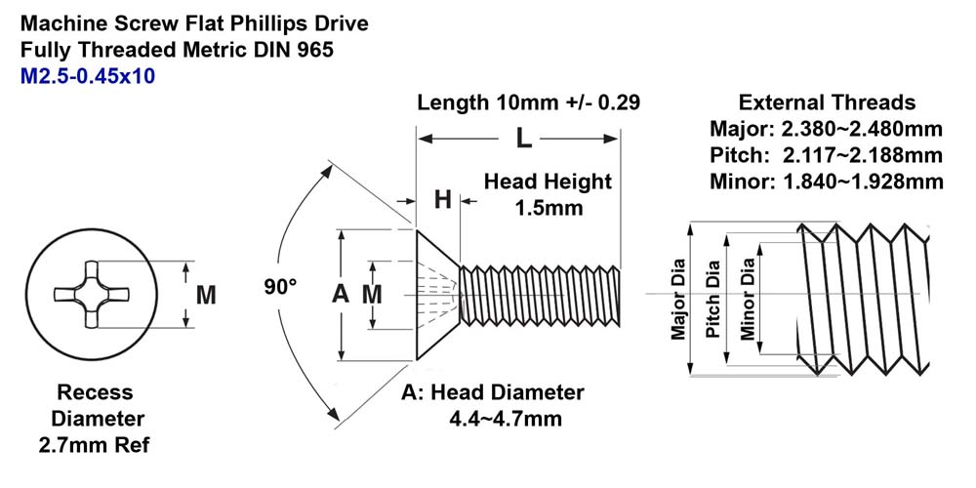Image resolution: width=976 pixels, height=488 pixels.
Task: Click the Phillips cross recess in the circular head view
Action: [x=91, y=294]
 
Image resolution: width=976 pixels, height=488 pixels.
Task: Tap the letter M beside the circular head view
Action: [x=206, y=295]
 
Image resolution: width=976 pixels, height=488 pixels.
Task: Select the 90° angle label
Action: [x=280, y=287]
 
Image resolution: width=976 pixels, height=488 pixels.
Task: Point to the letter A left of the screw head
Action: [x=340, y=294]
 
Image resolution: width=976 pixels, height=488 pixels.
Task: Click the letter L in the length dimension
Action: [x=523, y=139]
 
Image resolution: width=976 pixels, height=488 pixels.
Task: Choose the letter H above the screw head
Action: [x=442, y=200]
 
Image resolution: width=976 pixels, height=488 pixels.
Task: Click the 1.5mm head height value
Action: [x=549, y=207]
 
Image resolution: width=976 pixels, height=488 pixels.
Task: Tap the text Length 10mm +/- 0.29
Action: [x=528, y=102]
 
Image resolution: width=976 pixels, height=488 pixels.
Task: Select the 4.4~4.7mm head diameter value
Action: [x=506, y=419]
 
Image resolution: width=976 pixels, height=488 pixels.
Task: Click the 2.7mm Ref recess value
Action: [x=94, y=446]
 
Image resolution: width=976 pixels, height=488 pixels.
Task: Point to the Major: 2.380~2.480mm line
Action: [x=826, y=130]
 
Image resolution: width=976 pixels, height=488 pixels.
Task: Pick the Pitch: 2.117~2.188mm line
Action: [x=826, y=155]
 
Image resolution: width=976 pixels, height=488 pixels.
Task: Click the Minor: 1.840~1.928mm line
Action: [x=826, y=182]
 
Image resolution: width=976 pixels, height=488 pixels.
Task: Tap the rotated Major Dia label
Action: [x=678, y=300]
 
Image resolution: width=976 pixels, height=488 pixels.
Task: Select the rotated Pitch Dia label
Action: [x=712, y=300]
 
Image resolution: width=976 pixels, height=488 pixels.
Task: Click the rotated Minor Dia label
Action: [x=747, y=300]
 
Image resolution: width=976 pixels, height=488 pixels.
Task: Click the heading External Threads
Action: [x=827, y=102]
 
